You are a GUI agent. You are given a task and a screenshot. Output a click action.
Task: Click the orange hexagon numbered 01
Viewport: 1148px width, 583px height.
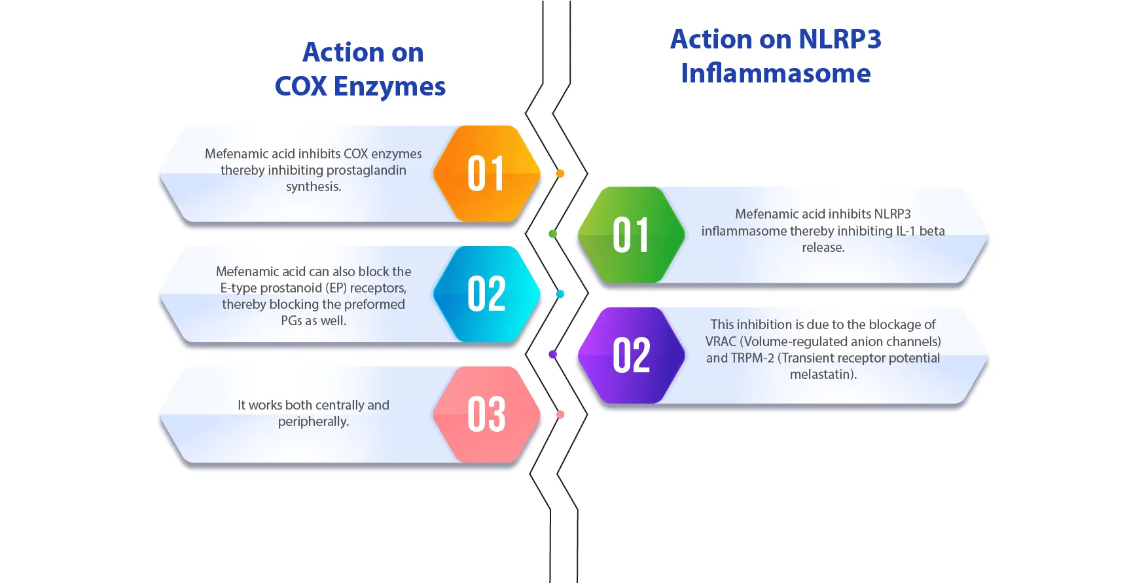[486, 174]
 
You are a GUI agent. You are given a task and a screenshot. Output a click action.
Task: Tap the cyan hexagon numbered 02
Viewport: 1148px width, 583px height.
[486, 294]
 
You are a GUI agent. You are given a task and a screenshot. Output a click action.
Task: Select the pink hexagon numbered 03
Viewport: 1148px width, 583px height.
[486, 415]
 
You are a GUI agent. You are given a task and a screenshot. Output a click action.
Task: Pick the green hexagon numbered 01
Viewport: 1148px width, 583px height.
[632, 235]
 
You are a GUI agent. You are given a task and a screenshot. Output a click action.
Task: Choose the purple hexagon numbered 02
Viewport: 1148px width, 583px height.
[632, 355]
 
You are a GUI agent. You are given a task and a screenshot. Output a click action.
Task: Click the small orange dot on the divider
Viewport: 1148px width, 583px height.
[560, 173]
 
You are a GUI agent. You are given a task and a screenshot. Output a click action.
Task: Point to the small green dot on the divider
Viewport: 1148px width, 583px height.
[553, 234]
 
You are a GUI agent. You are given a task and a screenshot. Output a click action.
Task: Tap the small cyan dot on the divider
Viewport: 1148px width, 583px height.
[560, 294]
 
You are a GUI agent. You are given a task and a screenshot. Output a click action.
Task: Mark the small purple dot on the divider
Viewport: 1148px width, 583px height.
[553, 354]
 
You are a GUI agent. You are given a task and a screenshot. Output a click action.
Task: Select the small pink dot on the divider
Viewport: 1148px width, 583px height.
[560, 414]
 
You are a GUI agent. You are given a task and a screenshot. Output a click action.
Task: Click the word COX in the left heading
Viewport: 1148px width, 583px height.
[300, 86]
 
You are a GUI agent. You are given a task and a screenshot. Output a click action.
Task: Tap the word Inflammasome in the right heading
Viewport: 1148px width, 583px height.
[776, 73]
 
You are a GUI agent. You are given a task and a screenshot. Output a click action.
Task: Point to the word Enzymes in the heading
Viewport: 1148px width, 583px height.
[389, 86]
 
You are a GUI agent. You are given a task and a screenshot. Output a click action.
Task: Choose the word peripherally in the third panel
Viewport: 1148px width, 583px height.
[313, 421]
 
